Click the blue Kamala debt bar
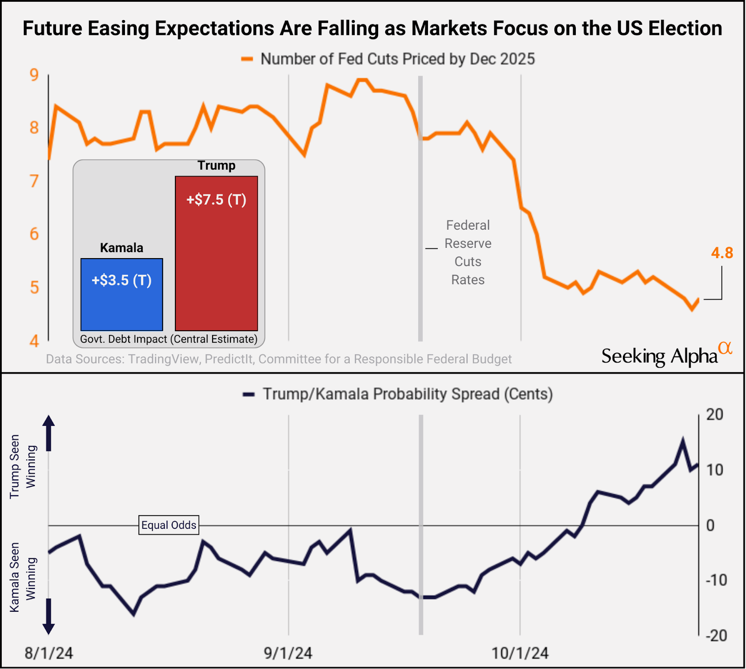pyautogui.click(x=122, y=294)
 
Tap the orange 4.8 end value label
pyautogui.click(x=722, y=253)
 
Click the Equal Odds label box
pyautogui.click(x=169, y=525)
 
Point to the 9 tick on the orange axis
pyautogui.click(x=34, y=75)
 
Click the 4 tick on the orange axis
pyautogui.click(x=34, y=341)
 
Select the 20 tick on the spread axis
pyautogui.click(x=714, y=414)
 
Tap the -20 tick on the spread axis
pyautogui.click(x=716, y=635)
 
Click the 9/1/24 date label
pyautogui.click(x=288, y=653)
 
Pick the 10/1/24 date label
pyautogui.click(x=520, y=653)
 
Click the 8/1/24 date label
pyautogui.click(x=48, y=653)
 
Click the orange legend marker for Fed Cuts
pyautogui.click(x=247, y=59)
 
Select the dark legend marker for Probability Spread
pyautogui.click(x=249, y=395)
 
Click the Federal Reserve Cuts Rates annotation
pyautogui.click(x=468, y=252)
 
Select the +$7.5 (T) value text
pyautogui.click(x=216, y=200)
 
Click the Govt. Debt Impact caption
pyautogui.click(x=169, y=339)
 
